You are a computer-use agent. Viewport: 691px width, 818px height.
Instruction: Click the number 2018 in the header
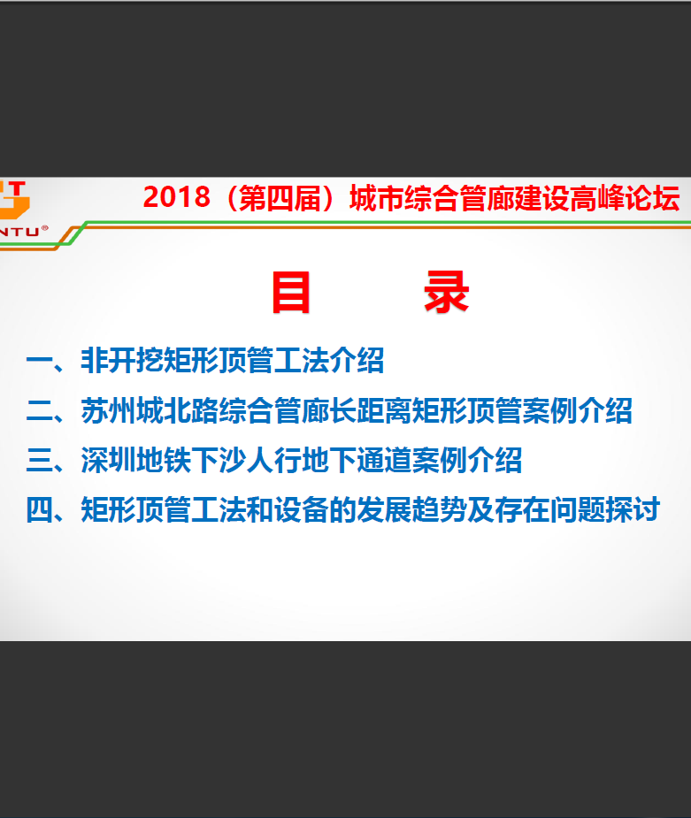click(x=176, y=197)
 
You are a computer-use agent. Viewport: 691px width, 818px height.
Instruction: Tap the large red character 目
click(x=291, y=292)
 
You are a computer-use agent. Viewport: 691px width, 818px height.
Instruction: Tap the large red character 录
click(x=447, y=292)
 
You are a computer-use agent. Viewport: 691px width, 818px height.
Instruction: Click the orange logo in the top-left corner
click(x=14, y=200)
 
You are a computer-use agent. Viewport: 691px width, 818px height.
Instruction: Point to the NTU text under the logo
click(x=19, y=232)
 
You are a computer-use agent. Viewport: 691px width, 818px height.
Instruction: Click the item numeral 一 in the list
click(x=40, y=361)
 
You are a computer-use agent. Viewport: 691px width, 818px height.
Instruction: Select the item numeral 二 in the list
click(x=40, y=410)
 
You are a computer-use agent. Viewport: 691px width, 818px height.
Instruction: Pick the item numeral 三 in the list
click(x=40, y=460)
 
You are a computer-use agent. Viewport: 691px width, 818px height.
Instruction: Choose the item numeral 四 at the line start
click(x=40, y=509)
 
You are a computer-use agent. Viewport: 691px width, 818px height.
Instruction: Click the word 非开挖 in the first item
click(x=122, y=361)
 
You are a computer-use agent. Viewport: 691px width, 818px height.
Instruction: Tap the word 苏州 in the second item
click(x=108, y=410)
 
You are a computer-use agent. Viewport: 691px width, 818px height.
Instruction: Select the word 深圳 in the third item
click(x=108, y=460)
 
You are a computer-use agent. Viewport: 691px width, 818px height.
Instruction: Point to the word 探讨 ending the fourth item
click(x=633, y=509)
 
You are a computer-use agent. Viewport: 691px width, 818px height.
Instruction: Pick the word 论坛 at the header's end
click(x=653, y=198)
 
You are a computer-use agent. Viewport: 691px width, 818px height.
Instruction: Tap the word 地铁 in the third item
click(x=164, y=460)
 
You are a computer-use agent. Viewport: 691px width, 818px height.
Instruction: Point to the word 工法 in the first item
click(x=301, y=361)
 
